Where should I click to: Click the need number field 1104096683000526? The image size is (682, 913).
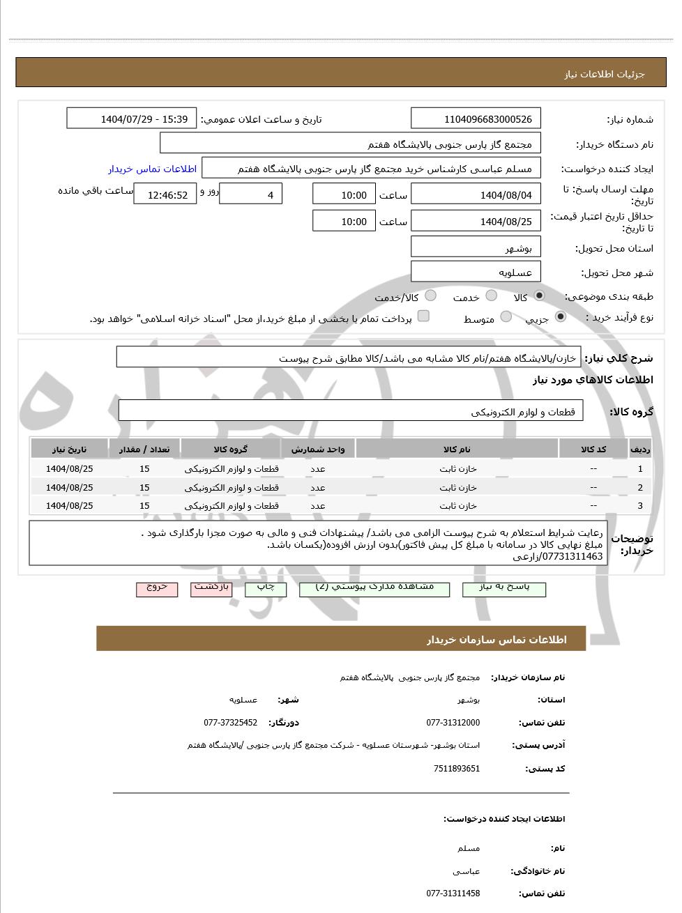coord(476,119)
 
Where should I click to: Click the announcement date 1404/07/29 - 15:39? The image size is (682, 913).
coord(132,119)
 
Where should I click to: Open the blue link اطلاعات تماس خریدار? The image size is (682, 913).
coord(152,169)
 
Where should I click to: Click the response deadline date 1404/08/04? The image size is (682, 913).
coord(476,195)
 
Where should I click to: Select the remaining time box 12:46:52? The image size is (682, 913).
coord(165,195)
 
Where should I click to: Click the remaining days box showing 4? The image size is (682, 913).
coord(251,195)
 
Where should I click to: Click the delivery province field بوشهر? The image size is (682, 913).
coord(476,248)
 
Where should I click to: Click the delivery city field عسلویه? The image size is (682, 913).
coord(476,273)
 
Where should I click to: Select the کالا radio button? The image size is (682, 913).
coord(539,296)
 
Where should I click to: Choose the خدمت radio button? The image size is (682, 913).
coord(492,296)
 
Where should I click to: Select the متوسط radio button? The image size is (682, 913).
coord(506,317)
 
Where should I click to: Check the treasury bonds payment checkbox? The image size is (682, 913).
coord(423,316)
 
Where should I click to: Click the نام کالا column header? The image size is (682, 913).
coord(457,450)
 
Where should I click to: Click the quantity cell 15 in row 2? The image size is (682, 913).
coord(144,487)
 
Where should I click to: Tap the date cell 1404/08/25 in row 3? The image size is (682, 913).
coord(69,505)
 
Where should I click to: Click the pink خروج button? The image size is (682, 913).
coord(157,588)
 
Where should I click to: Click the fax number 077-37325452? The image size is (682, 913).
coord(230,723)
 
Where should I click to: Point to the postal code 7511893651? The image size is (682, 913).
coord(457,769)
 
